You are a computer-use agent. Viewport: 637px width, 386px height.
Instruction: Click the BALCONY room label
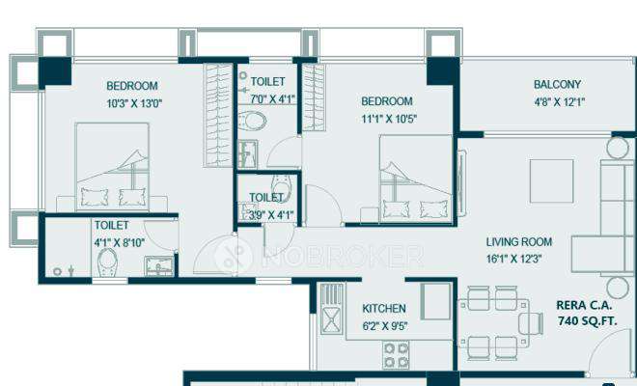tap(558, 84)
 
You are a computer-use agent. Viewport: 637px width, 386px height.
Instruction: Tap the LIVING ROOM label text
tap(518, 242)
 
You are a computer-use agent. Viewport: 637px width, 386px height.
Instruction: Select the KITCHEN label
tap(384, 309)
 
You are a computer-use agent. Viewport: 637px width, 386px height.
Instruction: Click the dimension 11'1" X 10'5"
tap(387, 119)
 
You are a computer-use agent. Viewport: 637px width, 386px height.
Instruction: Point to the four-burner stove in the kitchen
tap(397, 356)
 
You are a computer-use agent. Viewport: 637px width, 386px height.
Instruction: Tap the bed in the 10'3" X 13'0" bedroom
tap(112, 166)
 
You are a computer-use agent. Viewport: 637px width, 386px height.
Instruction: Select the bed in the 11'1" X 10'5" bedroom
tap(415, 179)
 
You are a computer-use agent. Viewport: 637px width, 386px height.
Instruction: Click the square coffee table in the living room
tap(551, 180)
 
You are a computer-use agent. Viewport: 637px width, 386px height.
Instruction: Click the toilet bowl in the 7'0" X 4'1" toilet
tap(254, 122)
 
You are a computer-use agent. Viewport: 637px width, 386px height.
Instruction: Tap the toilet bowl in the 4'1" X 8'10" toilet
tap(108, 261)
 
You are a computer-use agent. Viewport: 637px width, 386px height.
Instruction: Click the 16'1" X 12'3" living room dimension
tap(518, 259)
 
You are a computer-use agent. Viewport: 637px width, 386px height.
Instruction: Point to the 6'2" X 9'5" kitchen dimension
tap(384, 325)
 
